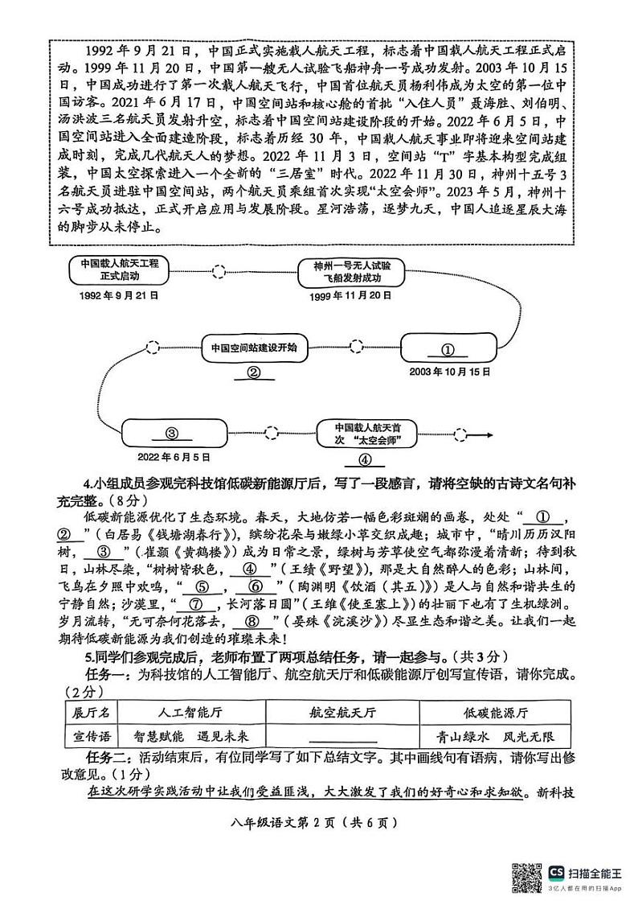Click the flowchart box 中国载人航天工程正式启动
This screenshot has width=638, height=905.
pos(114,269)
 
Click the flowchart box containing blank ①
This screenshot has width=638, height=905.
pos(448,349)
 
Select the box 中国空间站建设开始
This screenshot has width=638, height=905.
pos(253,348)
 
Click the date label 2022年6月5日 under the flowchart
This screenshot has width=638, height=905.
pos(173,456)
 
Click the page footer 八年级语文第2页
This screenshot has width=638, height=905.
pos(318,822)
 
